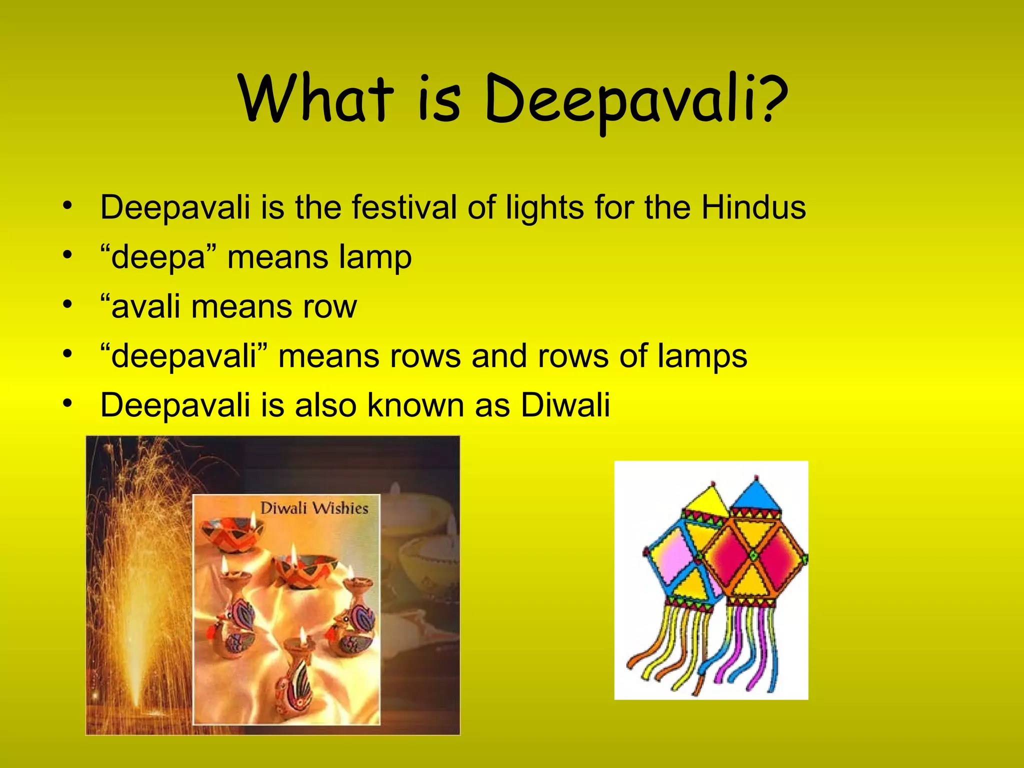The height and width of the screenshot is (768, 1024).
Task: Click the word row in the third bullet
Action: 330,307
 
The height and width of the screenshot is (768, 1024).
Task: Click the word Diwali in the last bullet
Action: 565,405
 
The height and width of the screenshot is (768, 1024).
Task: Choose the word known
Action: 415,405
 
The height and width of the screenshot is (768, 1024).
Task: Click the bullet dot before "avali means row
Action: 68,304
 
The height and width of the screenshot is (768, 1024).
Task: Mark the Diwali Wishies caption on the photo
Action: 314,508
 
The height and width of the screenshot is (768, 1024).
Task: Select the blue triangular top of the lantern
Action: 756,495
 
